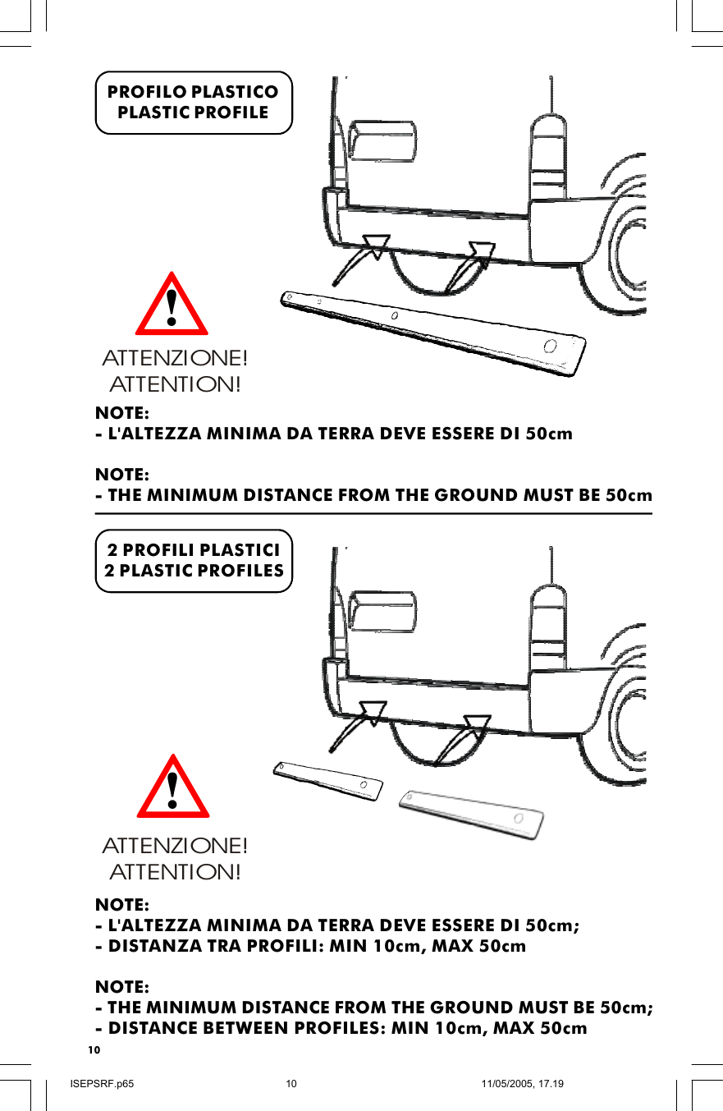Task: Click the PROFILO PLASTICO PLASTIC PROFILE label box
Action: (194, 103)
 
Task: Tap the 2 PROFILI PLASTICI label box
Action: (194, 561)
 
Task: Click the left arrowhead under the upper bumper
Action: (376, 246)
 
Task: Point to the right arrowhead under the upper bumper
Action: (482, 254)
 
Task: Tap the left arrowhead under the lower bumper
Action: (373, 713)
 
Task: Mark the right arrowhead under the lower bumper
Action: (477, 726)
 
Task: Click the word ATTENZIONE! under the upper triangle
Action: (175, 360)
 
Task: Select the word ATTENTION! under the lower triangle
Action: (175, 870)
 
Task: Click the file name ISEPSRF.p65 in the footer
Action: (103, 1084)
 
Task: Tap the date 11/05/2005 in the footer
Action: (508, 1084)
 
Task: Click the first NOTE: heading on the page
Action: (122, 411)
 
